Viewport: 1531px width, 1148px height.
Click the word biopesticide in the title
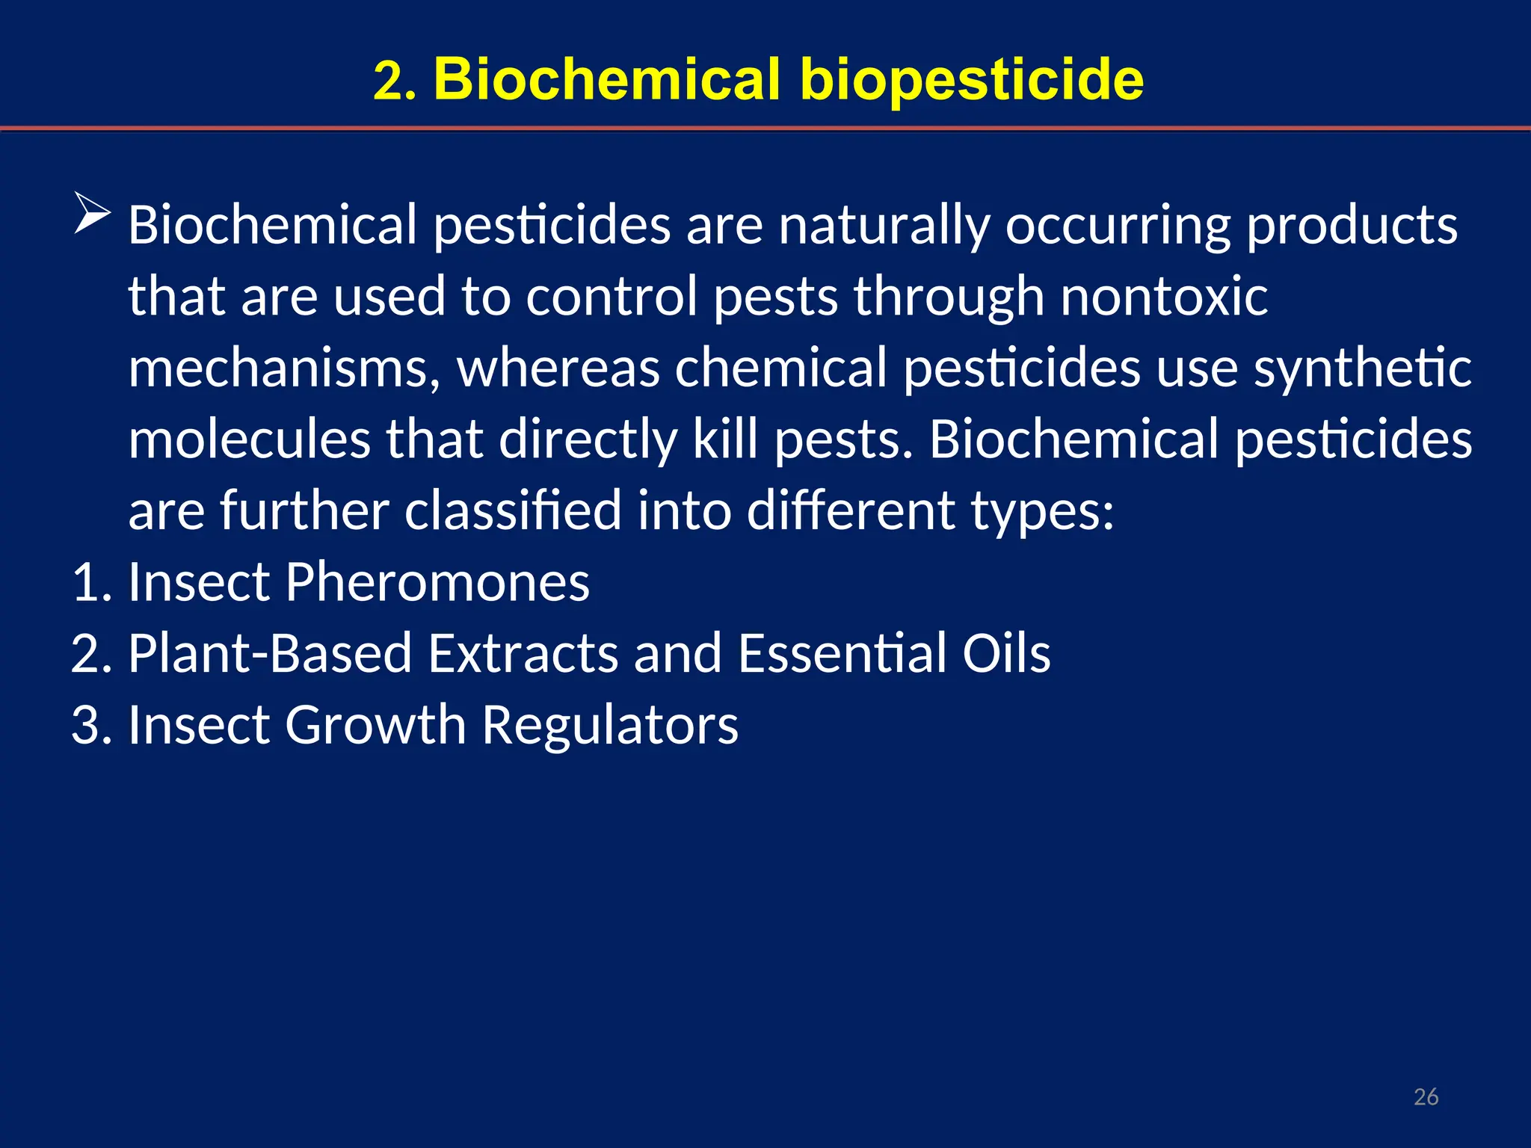972,79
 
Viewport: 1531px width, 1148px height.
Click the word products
1352,225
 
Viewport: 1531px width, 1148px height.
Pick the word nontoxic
1164,297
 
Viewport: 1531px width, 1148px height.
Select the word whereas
558,368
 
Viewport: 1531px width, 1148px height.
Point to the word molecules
250,439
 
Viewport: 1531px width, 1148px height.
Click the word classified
513,511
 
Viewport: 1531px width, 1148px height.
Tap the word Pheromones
437,582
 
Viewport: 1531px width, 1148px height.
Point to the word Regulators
610,725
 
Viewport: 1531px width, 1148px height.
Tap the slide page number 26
1426,1096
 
